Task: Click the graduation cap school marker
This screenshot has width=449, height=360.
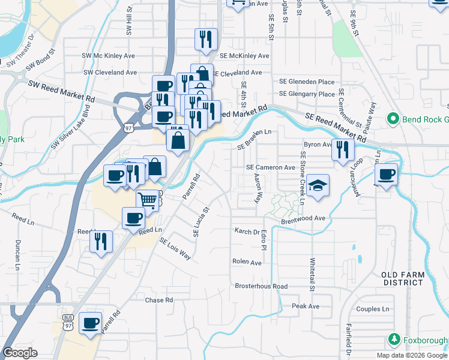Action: (x=319, y=185)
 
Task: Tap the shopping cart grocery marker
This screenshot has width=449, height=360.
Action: (x=147, y=199)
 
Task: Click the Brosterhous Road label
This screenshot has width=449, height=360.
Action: (x=261, y=286)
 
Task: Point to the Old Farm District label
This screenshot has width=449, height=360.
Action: (x=403, y=278)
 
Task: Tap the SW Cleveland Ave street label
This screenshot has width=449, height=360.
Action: (x=110, y=72)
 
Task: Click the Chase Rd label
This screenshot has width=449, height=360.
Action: (x=159, y=299)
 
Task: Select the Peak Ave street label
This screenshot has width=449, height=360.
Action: (x=305, y=306)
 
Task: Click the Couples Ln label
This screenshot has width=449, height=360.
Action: (x=373, y=309)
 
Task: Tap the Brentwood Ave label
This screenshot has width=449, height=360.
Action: (x=303, y=219)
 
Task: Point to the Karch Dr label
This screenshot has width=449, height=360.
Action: (x=247, y=231)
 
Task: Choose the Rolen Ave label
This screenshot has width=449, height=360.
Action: (x=247, y=262)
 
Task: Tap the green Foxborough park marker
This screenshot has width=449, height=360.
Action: (x=394, y=339)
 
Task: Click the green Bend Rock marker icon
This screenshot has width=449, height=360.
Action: (x=393, y=118)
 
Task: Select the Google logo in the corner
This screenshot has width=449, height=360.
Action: (x=20, y=353)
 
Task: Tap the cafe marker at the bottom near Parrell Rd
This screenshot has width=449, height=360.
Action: (x=90, y=323)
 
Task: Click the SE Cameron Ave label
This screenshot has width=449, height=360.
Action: (x=271, y=167)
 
